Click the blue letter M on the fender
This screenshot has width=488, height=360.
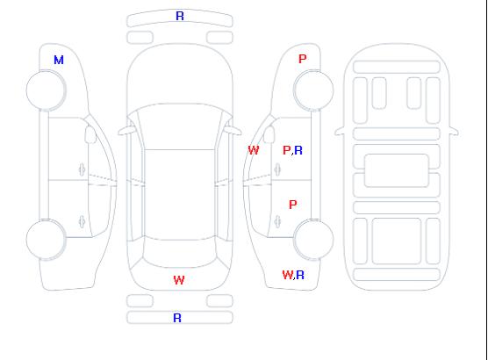click(x=59, y=60)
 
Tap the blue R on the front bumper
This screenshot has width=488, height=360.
click(x=180, y=16)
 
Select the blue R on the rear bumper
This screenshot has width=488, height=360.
click(x=177, y=318)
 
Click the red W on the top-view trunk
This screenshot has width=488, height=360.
click(x=179, y=280)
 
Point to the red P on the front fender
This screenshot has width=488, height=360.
click(x=302, y=59)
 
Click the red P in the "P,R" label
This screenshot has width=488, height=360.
click(x=286, y=150)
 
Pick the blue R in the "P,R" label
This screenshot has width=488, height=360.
click(x=298, y=150)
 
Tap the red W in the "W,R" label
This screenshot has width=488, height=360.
click(x=288, y=275)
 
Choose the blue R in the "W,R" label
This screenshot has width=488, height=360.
click(x=300, y=275)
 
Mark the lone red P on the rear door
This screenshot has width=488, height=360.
click(x=292, y=205)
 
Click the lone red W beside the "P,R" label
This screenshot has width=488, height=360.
click(x=254, y=150)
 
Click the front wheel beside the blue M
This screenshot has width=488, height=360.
click(x=46, y=90)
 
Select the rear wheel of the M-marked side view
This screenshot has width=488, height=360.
click(x=46, y=240)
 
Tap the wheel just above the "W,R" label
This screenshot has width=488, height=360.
click(x=313, y=240)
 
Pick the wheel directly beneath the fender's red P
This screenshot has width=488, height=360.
click(x=313, y=90)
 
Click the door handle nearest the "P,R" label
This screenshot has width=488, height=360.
click(x=277, y=169)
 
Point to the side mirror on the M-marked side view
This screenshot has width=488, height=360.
click(x=90, y=134)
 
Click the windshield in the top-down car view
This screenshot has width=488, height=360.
click(x=180, y=126)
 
